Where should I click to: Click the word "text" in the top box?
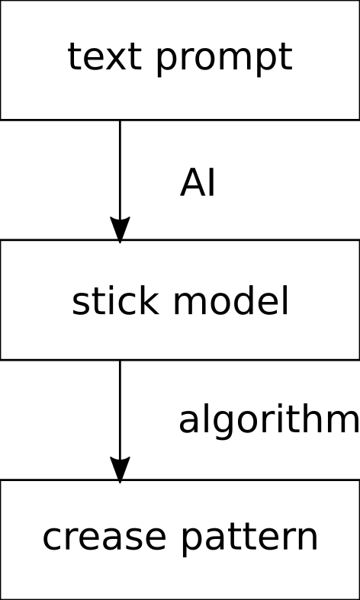point(102,56)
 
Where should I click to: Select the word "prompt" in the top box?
point(224,60)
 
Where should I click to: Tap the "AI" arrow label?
point(198,183)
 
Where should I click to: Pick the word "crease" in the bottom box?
point(104,537)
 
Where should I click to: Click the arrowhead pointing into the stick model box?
point(120,229)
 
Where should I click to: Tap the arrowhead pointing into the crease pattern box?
point(120,470)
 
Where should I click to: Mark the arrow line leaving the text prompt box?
point(120,181)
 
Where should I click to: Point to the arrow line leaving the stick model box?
point(120,422)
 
